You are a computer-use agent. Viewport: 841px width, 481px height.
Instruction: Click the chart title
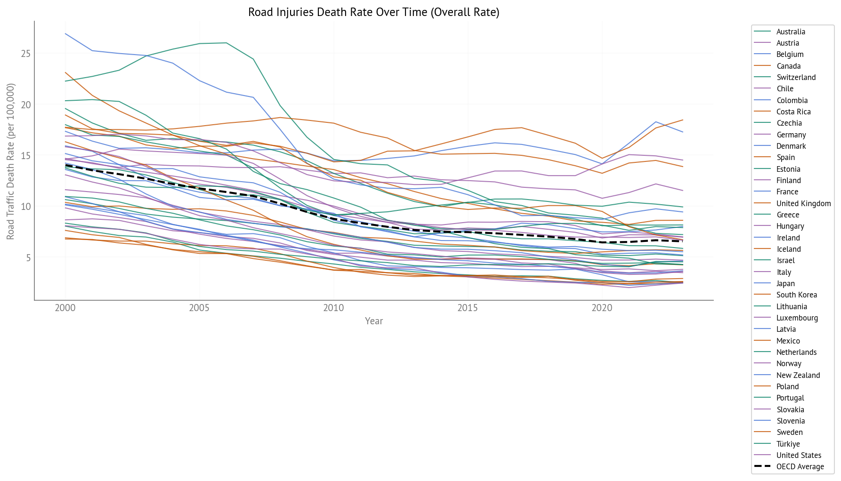pos(373,12)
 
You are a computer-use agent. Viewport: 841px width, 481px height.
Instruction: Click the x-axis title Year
pos(374,321)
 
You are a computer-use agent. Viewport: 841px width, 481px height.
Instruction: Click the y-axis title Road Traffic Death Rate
pos(11,161)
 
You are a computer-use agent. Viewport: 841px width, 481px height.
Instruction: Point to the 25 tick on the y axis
pos(25,54)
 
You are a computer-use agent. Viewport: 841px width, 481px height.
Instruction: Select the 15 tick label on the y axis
pos(25,156)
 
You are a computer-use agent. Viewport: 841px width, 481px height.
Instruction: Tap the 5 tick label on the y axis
pos(28,258)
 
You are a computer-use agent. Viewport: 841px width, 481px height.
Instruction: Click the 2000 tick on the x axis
pos(65,308)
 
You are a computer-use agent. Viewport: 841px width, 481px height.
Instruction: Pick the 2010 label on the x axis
pos(333,308)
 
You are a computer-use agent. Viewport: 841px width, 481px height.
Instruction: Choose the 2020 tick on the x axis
pos(602,308)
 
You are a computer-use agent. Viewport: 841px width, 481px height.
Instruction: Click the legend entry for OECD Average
pos(800,466)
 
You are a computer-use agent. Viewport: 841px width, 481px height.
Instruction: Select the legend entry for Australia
pos(791,32)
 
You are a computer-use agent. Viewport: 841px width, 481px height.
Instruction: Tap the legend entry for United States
pos(799,455)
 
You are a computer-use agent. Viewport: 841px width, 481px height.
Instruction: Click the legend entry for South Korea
pos(796,295)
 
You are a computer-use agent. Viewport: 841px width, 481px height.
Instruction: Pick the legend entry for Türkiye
pos(788,444)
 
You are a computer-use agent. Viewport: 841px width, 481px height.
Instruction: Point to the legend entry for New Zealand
pos(798,375)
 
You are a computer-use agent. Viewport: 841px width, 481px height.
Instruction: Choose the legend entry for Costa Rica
pos(793,112)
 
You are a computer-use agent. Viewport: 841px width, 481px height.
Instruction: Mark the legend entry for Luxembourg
pos(797,318)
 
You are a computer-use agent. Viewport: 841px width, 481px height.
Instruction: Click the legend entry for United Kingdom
pos(803,203)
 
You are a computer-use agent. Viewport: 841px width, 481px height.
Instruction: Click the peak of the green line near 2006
pos(226,43)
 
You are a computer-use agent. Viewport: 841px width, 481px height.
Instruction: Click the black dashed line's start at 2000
pos(65,165)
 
